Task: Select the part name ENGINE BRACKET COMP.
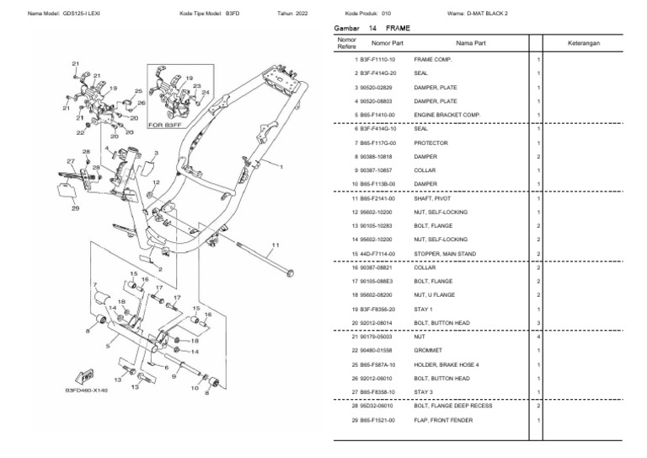click(x=446, y=115)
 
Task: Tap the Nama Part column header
click(x=469, y=42)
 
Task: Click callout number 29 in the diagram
click(x=75, y=207)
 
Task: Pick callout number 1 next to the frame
click(x=281, y=167)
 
